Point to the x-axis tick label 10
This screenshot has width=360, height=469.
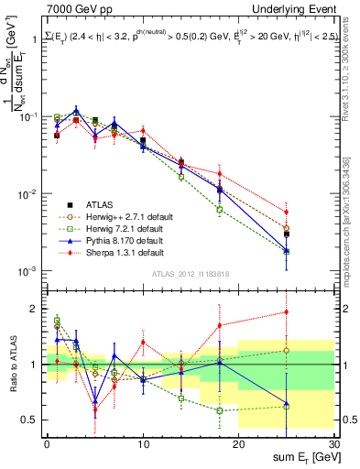(x=143, y=443)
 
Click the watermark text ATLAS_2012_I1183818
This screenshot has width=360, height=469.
(x=190, y=274)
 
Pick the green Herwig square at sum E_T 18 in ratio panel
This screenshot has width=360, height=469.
(x=219, y=410)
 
